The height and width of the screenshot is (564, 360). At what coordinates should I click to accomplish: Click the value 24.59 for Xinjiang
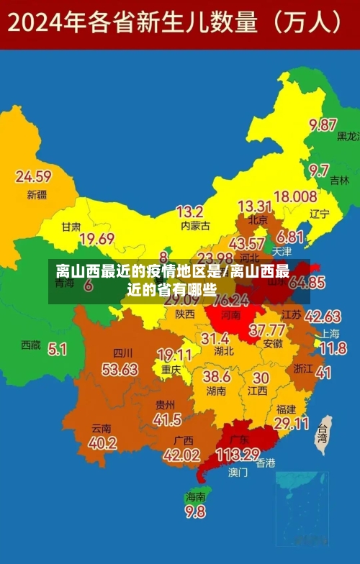coord(33,176)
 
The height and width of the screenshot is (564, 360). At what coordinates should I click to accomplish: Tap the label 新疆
coord(36,195)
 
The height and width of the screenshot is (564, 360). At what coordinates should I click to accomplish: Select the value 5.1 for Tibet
coord(57,349)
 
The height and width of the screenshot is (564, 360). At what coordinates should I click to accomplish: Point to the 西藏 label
coord(31,345)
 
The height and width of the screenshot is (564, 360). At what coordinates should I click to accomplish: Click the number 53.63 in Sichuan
coord(120,369)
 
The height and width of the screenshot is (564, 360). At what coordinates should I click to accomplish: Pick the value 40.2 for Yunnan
coord(102,443)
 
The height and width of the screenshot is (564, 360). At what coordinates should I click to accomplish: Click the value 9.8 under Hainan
coord(195,512)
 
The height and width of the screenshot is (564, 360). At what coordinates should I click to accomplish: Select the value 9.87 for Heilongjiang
coord(323,124)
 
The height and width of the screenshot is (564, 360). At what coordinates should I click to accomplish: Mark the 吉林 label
coord(339,181)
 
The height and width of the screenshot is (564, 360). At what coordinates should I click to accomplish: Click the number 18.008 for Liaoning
coord(295,196)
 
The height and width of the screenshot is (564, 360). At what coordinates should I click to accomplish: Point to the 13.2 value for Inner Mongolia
coord(190,211)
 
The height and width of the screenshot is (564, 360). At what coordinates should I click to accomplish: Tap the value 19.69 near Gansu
coord(97,239)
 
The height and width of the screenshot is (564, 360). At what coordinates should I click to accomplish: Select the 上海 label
coord(330,334)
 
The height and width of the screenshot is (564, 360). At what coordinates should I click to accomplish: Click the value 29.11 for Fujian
coord(292,424)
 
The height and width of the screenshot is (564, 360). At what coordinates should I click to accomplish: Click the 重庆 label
coord(171,370)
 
